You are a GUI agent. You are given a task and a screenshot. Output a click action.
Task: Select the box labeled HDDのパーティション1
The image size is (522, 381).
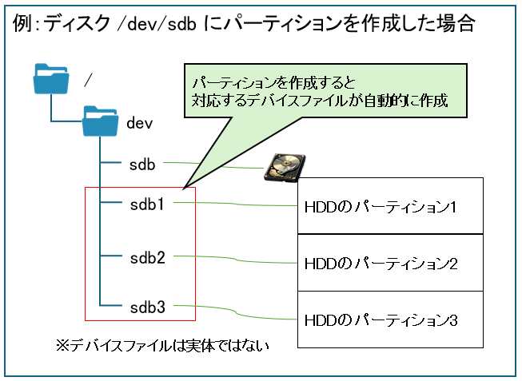pyautogui.click(x=390, y=207)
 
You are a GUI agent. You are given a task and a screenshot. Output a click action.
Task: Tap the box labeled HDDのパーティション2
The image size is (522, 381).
pyautogui.click(x=390, y=263)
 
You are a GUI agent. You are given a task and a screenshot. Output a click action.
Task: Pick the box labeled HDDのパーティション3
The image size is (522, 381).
pyautogui.click(x=390, y=319)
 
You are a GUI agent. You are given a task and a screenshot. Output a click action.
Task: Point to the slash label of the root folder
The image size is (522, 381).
pyautogui.click(x=88, y=79)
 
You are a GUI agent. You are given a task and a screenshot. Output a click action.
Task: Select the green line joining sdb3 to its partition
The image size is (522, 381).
pyautogui.click(x=240, y=310)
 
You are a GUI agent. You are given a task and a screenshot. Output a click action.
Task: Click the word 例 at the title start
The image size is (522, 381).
pyautogui.click(x=23, y=24)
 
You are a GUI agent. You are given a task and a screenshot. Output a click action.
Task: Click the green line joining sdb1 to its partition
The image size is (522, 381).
pyautogui.click(x=240, y=204)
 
